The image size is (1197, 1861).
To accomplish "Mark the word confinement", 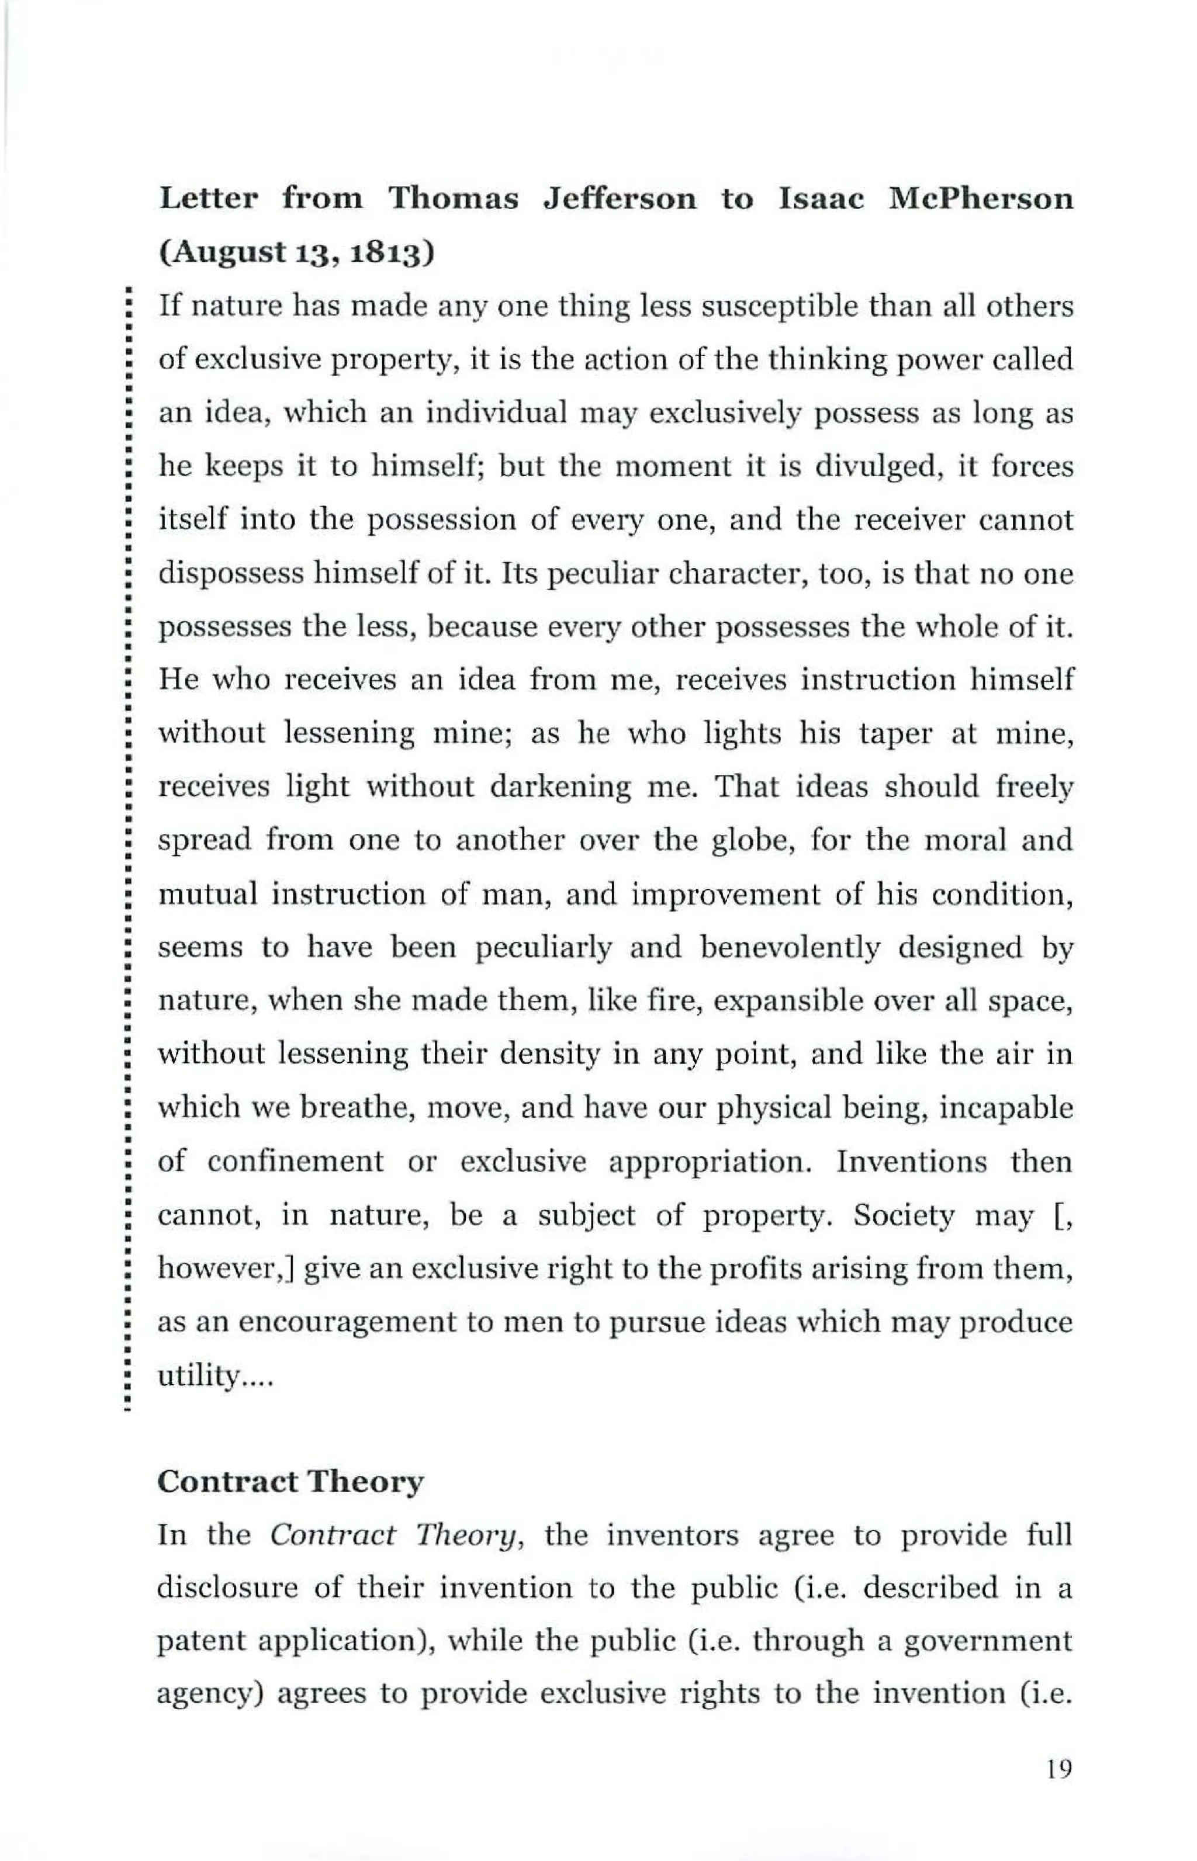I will pyautogui.click(x=295, y=1162).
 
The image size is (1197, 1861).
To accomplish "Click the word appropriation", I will pyautogui.click(x=711, y=1162).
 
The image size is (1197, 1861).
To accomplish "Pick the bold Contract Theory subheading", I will pyautogui.click(x=290, y=1482).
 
